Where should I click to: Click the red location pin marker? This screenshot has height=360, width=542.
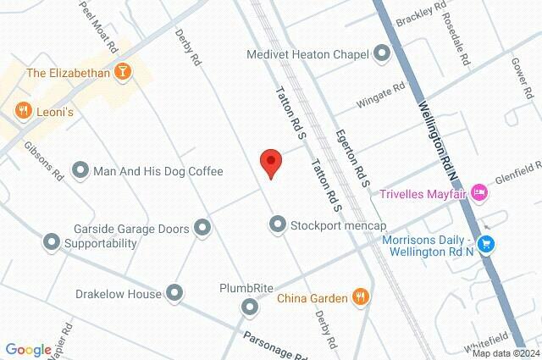[270, 162]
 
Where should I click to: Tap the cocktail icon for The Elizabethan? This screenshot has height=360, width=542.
[124, 73]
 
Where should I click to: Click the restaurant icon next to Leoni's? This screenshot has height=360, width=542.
[22, 110]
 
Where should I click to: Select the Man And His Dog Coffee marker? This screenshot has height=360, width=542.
[81, 171]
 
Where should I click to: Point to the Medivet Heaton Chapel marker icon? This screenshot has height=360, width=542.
[382, 54]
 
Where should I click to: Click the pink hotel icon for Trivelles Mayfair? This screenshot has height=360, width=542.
[479, 192]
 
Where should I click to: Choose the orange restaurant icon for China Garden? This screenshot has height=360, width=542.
[362, 297]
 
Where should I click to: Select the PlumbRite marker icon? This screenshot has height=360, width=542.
[250, 306]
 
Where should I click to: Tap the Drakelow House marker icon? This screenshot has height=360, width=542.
[175, 294]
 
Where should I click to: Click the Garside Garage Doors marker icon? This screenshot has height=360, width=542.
[202, 226]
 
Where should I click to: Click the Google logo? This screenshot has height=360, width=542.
[28, 349]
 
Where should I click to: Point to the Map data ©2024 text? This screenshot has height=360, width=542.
[505, 353]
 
